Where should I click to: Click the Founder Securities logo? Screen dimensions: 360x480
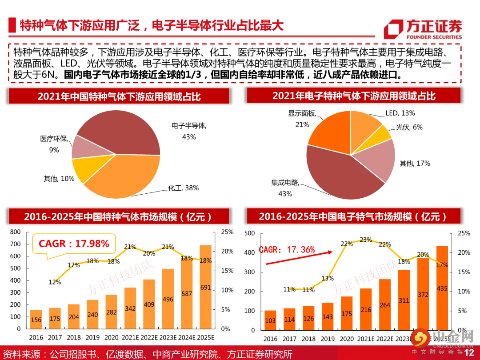(423, 29)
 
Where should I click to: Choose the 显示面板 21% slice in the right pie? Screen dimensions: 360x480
(329, 129)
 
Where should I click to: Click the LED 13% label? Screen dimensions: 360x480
(400, 113)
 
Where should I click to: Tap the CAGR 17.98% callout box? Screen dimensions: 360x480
(74, 244)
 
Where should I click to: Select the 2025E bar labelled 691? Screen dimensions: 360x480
(205, 287)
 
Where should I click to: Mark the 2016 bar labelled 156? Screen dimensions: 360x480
(36, 320)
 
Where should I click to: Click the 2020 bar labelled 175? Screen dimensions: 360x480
(347, 313)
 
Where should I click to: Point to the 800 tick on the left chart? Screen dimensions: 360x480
(16, 232)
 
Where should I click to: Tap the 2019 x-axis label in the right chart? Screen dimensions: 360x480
(327, 339)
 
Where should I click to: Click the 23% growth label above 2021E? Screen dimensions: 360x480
(365, 240)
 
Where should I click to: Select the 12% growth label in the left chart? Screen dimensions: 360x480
(55, 282)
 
